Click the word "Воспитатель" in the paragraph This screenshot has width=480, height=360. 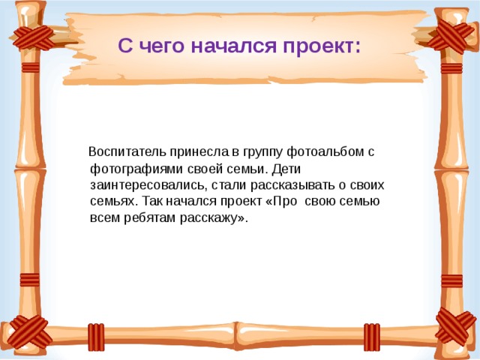(127, 151)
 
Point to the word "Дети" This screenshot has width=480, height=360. (286, 169)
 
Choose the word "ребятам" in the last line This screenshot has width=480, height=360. (149, 217)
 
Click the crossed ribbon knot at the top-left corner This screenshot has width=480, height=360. (33, 37)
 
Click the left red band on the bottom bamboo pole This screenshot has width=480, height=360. (96, 337)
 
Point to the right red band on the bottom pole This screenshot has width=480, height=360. (372, 337)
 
